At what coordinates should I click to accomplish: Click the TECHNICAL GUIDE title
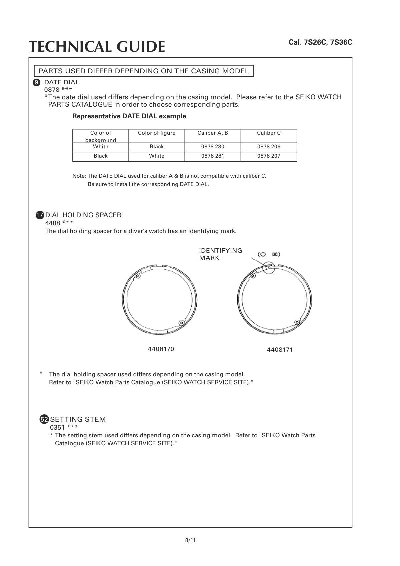click(x=97, y=47)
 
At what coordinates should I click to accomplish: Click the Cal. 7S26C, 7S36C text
click(x=320, y=42)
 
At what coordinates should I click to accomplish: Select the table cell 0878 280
click(x=213, y=147)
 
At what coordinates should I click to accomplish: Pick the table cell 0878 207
click(x=269, y=156)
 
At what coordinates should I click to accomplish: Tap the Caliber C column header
click(x=269, y=133)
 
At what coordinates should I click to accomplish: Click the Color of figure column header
click(x=157, y=133)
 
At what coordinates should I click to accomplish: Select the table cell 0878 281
click(x=213, y=156)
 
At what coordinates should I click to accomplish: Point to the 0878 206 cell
click(x=269, y=147)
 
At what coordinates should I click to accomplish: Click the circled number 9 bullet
click(x=37, y=82)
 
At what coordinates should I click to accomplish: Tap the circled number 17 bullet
click(x=40, y=215)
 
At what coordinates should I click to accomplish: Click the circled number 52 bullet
click(x=44, y=419)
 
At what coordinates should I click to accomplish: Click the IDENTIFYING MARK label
click(x=220, y=254)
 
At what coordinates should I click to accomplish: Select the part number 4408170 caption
click(x=161, y=349)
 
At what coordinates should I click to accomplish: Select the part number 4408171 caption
click(x=280, y=350)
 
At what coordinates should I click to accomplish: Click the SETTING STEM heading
click(x=78, y=419)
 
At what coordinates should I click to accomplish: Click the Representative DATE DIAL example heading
click(x=129, y=116)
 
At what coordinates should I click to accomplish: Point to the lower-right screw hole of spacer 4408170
click(x=181, y=323)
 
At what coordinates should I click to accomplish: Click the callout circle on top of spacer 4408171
click(x=268, y=267)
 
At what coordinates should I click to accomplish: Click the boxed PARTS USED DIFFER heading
click(x=144, y=71)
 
